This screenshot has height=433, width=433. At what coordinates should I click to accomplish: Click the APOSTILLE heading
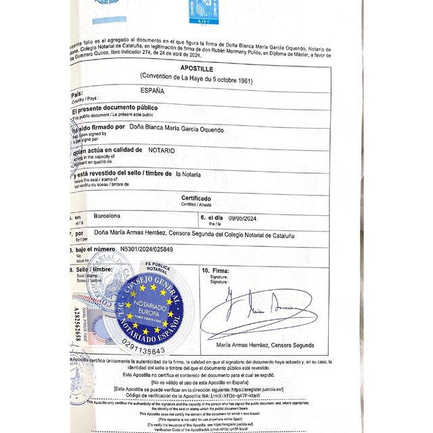point(197,69)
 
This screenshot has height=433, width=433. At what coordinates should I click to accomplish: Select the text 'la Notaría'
point(188,174)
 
